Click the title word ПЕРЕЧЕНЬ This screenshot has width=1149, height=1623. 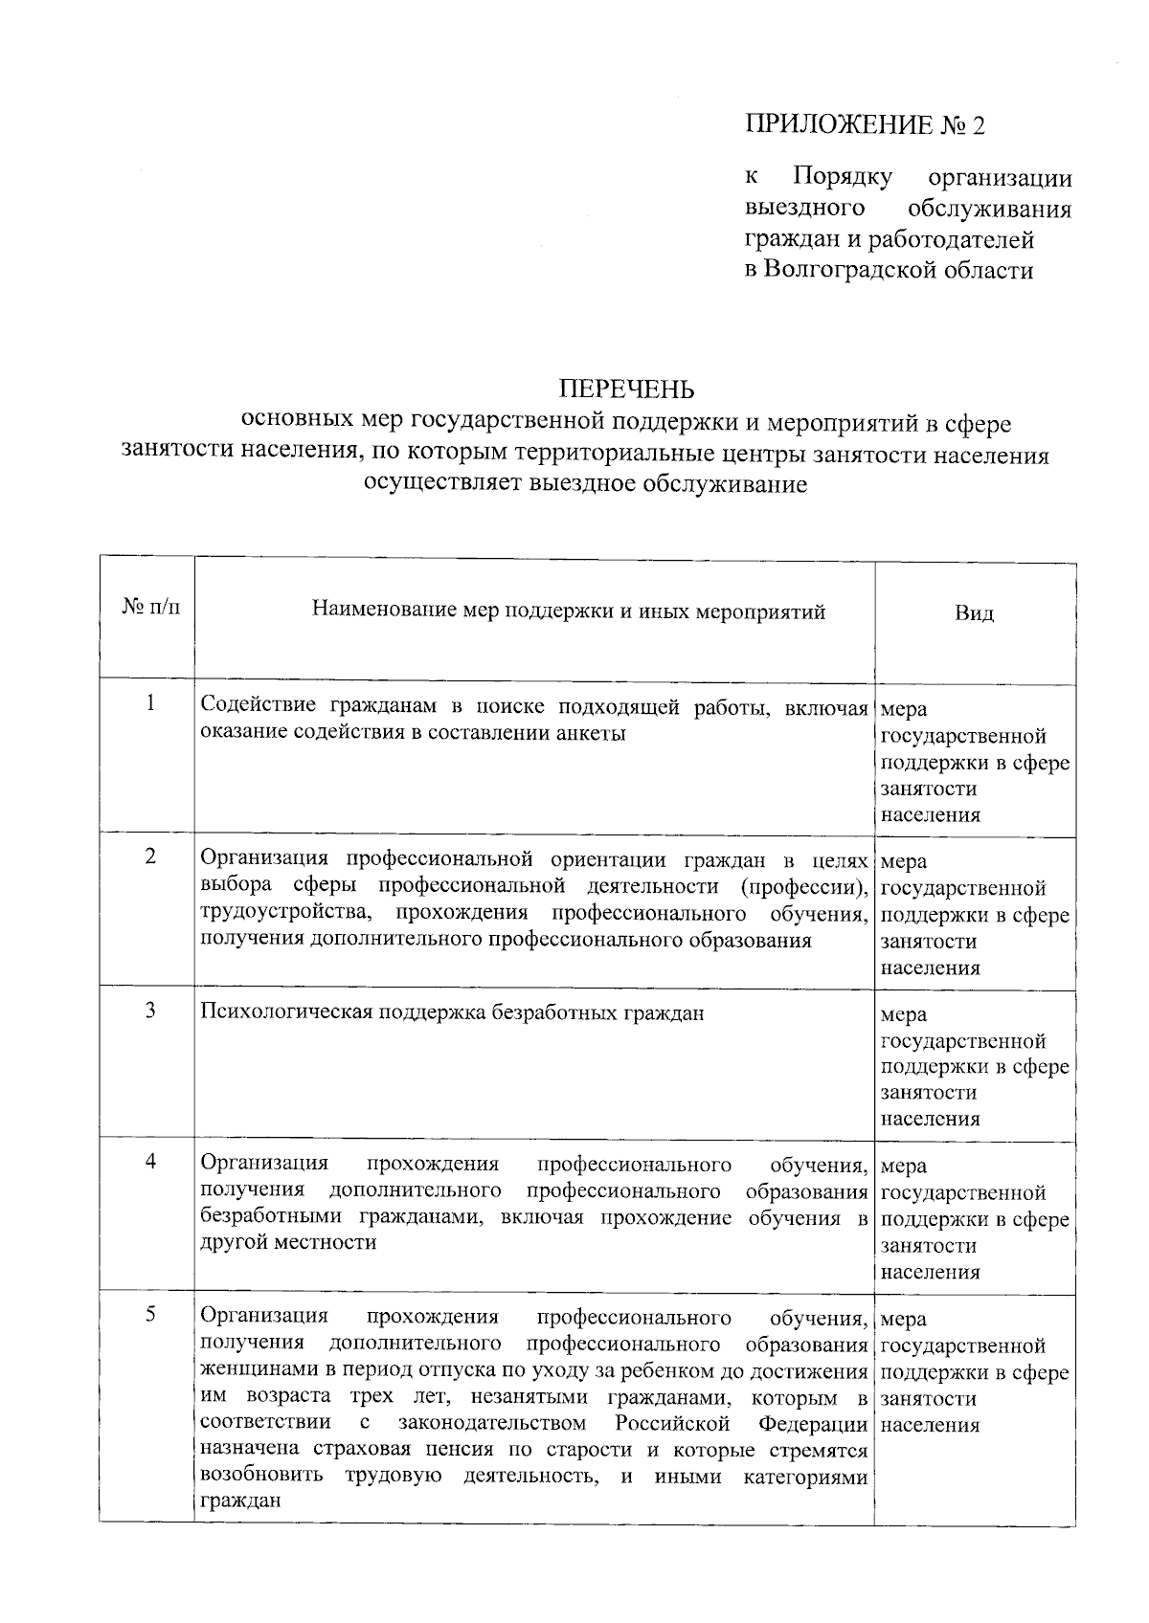point(627,389)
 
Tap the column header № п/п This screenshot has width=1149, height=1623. point(150,609)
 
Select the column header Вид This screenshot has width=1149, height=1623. point(974,612)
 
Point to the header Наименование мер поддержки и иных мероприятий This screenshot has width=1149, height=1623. point(569,611)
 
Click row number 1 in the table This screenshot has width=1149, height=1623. point(150,703)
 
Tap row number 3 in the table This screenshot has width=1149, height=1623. point(150,1009)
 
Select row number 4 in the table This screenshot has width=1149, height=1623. point(150,1161)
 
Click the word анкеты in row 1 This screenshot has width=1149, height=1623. point(592,734)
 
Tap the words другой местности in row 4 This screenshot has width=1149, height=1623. point(288,1243)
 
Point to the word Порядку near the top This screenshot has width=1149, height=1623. point(843,178)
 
